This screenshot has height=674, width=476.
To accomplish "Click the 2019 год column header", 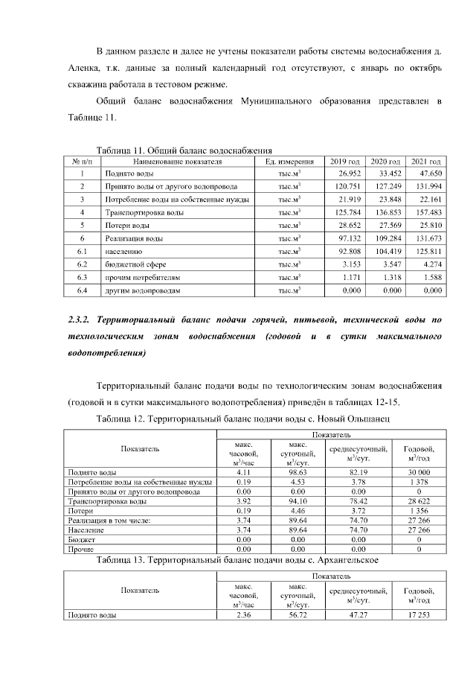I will click(x=344, y=161).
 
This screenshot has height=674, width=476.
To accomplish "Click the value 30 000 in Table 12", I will click(x=419, y=472).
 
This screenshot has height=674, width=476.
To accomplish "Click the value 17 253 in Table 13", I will click(x=419, y=615).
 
